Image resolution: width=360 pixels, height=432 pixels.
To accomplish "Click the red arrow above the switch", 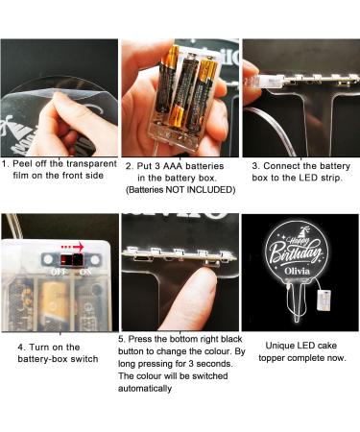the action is (x=72, y=247).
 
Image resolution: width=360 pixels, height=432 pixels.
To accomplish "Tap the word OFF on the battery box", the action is (x=59, y=272).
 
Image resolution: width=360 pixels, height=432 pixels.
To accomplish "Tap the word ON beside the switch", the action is (x=85, y=272).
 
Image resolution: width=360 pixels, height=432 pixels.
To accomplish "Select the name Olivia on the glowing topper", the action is (x=298, y=272).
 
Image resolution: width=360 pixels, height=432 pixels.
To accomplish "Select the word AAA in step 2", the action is (x=173, y=166).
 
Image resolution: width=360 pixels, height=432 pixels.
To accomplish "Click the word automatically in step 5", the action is (x=145, y=389).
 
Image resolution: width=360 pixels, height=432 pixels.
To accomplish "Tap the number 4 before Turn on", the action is (x=20, y=348).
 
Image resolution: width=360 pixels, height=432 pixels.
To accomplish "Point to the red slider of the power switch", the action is (x=65, y=259).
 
